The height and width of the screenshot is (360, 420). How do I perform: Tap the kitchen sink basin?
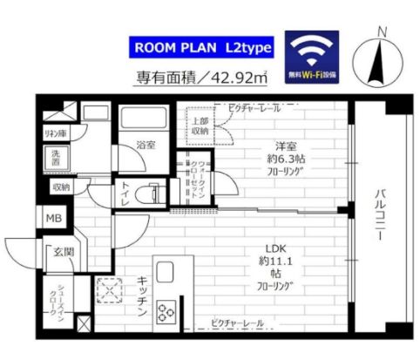[166, 271]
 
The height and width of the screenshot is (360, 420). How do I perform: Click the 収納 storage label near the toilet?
[60, 187]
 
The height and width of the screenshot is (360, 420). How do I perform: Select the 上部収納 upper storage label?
[200, 126]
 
